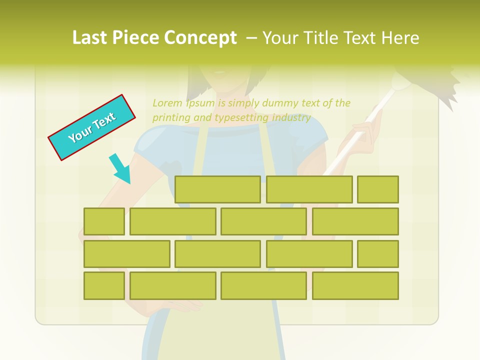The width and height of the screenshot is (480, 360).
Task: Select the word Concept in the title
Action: pyautogui.click(x=201, y=38)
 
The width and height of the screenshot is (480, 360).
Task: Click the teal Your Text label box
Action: pyautogui.click(x=91, y=127)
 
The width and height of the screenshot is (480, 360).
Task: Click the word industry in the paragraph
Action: pyautogui.click(x=291, y=118)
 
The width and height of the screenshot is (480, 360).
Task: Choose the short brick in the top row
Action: pyautogui.click(x=378, y=189)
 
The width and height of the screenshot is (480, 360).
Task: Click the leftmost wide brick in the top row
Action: pyautogui.click(x=217, y=189)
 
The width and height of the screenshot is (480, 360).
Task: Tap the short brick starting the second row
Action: pyautogui.click(x=104, y=221)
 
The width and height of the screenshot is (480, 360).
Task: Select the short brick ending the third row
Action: pyautogui.click(x=378, y=254)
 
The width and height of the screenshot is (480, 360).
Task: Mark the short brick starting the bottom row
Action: pyautogui.click(x=104, y=286)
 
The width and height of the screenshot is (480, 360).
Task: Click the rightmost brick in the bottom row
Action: pyautogui.click(x=355, y=286)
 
